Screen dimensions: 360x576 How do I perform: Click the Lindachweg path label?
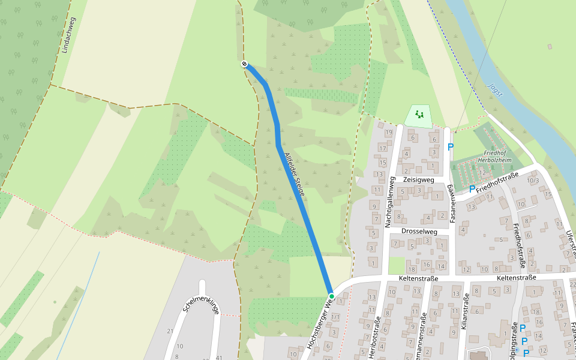tap(68, 35)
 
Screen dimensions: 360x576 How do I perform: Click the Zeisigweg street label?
tap(419, 179)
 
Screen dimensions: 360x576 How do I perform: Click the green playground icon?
tap(419, 114)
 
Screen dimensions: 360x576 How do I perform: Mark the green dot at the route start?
tap(331, 296)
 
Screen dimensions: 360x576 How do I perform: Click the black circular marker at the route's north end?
tap(244, 64)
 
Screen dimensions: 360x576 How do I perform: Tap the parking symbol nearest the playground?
tap(451, 146)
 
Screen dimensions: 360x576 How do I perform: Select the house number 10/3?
tap(532, 180)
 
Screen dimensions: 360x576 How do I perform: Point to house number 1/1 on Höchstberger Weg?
tap(336, 317)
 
